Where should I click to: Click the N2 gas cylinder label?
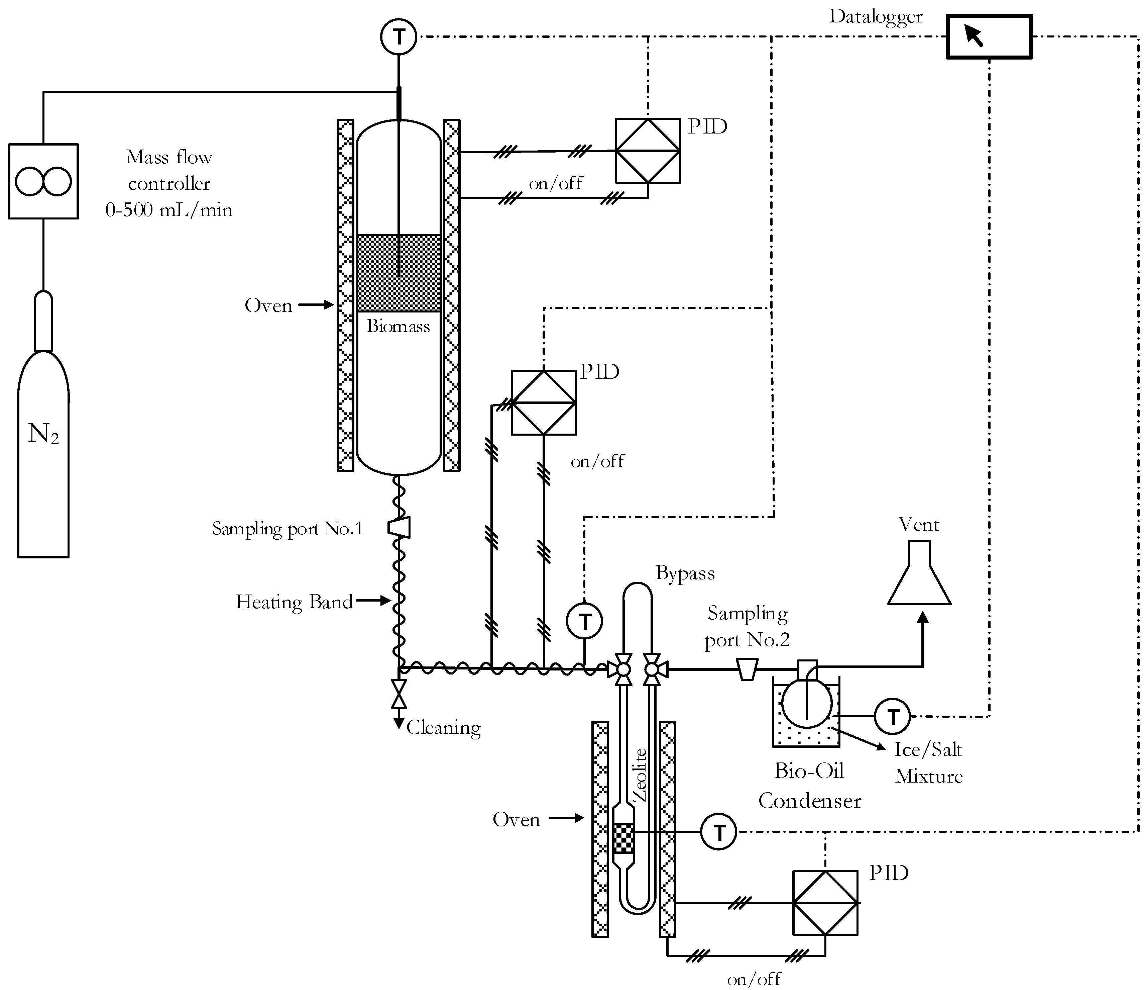pos(43,435)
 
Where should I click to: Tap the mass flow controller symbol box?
pos(43,182)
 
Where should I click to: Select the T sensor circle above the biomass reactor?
pos(398,37)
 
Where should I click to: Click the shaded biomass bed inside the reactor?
pos(398,273)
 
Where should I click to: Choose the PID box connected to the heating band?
pos(543,402)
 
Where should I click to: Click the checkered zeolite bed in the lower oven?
pos(623,839)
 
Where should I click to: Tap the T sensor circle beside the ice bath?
pos(893,717)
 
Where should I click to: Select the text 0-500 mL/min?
pos(169,210)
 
